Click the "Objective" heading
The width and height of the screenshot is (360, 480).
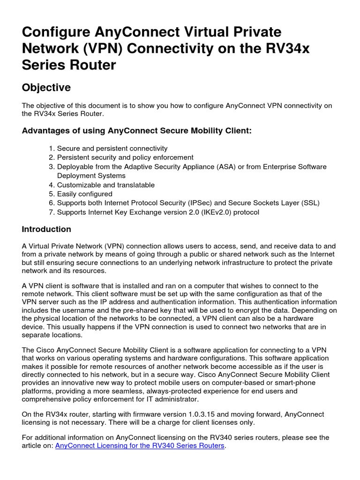[x=46, y=88]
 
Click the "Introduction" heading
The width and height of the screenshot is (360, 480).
[x=46, y=229]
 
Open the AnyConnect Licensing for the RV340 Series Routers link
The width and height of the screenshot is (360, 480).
[x=140, y=445]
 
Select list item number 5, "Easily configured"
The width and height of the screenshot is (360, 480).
[x=84, y=194]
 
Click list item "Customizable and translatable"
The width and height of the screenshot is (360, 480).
[x=105, y=185]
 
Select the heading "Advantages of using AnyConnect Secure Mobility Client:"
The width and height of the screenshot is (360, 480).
[x=137, y=131]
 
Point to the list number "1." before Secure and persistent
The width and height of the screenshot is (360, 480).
[x=52, y=149]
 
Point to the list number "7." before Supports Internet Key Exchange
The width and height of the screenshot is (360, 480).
[x=52, y=212]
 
